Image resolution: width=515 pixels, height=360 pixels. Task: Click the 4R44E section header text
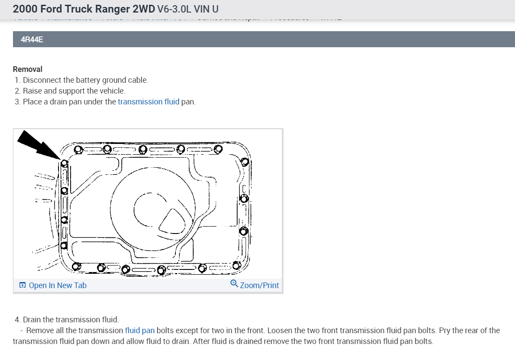click(32, 40)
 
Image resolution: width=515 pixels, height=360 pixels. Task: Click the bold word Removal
click(28, 69)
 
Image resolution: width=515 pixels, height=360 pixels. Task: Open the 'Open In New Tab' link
click(57, 285)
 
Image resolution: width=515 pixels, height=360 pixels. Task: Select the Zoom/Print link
click(259, 285)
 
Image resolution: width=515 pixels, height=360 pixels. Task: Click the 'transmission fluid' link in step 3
click(148, 102)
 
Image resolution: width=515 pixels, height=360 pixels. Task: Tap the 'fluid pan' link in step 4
click(139, 330)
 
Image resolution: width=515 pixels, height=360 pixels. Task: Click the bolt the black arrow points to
click(64, 163)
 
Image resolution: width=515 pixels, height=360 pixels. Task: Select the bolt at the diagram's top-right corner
click(244, 162)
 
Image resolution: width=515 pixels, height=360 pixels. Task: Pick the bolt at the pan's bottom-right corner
click(236, 265)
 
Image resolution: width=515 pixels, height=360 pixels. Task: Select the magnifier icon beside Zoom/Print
click(234, 284)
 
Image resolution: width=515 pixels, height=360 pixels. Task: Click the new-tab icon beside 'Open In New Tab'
click(22, 285)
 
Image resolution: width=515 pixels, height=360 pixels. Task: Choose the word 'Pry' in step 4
click(445, 330)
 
